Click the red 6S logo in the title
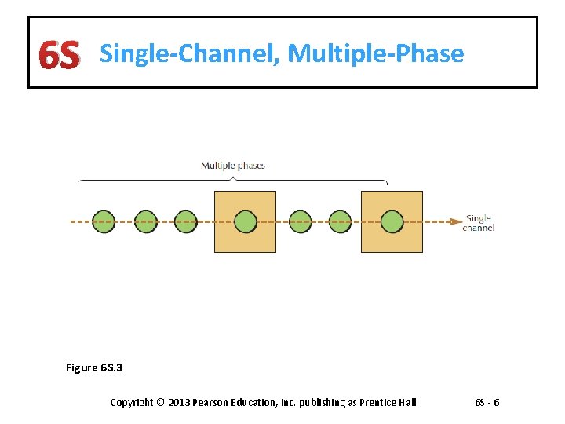tap(60, 55)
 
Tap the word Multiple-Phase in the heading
tap(376, 53)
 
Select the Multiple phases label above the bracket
tap(233, 166)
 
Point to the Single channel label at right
tap(479, 223)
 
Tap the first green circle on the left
tap(104, 221)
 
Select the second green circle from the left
tap(145, 221)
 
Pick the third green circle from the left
tap(186, 221)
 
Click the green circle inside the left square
tap(246, 221)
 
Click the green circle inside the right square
tap(392, 221)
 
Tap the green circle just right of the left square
tap(300, 221)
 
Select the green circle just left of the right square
tap(340, 221)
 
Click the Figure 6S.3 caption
tap(93, 367)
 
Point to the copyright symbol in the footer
tap(160, 403)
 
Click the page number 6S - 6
tap(487, 403)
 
